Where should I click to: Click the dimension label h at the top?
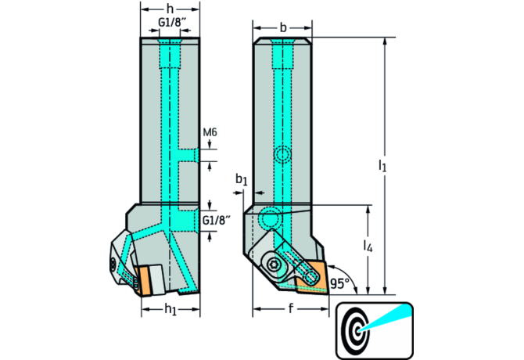click(x=171, y=10)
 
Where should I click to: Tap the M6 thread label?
click(x=209, y=132)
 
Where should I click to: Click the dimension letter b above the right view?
click(x=282, y=28)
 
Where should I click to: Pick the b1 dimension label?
click(x=242, y=180)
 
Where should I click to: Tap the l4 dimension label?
click(x=368, y=247)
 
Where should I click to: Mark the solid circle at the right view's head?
click(x=270, y=217)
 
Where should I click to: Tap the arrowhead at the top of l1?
click(x=384, y=40)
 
